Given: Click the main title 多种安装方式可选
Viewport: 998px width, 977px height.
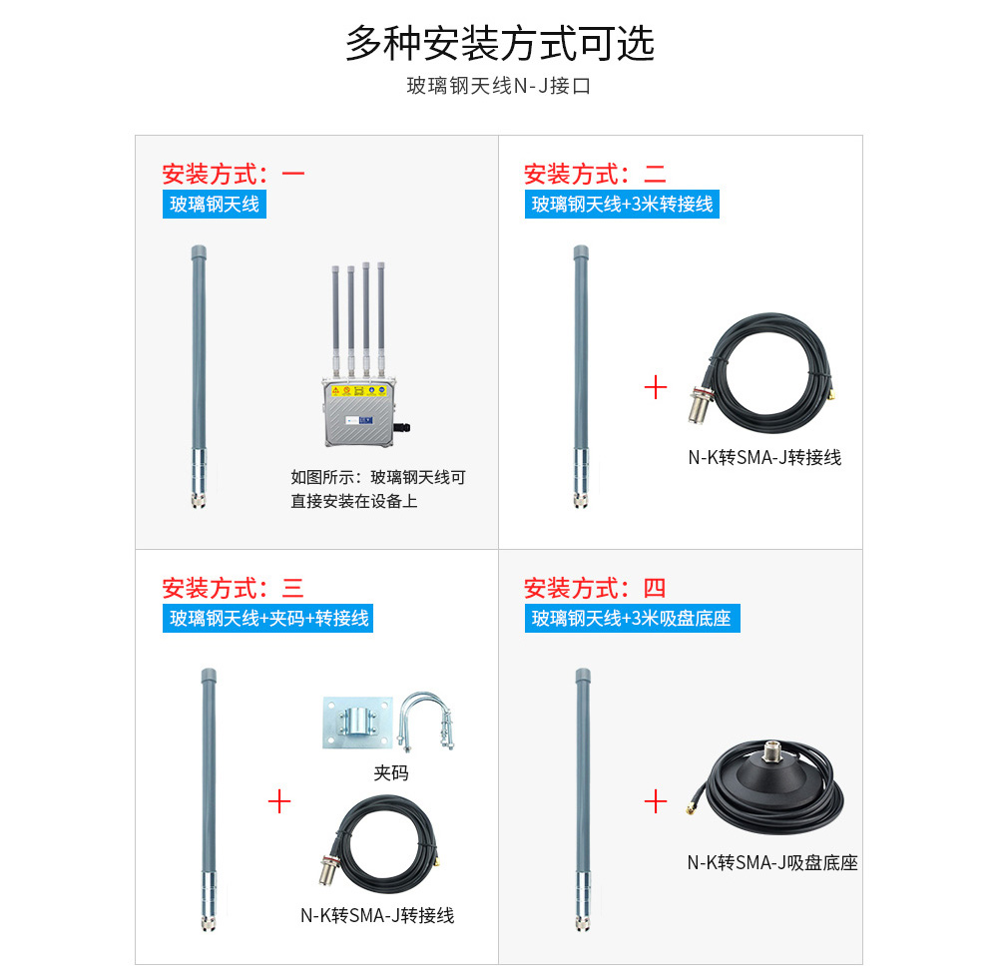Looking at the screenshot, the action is (500, 43).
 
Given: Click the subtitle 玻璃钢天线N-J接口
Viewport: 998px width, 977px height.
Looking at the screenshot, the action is (499, 85).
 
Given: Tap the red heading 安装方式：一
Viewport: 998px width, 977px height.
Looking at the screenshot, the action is (234, 174).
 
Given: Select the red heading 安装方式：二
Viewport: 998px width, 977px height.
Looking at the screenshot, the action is (595, 174).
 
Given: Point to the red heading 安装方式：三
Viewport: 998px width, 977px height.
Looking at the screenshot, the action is (233, 588).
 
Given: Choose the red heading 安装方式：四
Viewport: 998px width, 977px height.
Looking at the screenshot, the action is (595, 588).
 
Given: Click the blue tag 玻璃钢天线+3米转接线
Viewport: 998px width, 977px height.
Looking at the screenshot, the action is (622, 205).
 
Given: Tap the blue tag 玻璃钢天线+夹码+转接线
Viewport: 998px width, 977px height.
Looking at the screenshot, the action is (267, 618).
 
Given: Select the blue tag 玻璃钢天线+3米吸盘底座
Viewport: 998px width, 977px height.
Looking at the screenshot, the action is (632, 618).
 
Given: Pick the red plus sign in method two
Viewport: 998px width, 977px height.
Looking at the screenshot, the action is (656, 387).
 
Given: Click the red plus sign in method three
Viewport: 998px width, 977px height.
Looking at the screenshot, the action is (279, 801).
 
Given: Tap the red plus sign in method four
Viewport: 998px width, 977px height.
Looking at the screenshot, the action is (656, 801).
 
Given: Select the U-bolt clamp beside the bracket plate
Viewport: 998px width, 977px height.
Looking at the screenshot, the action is (425, 722).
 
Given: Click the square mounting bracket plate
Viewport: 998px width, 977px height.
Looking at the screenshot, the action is (357, 722).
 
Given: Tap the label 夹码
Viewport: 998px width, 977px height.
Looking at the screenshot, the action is (391, 772).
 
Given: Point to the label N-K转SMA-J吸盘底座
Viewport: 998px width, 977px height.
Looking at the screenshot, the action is (772, 863).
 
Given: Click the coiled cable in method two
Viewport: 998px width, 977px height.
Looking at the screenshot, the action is (761, 372).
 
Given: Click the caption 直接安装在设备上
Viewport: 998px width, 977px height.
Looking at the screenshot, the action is (354, 502).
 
